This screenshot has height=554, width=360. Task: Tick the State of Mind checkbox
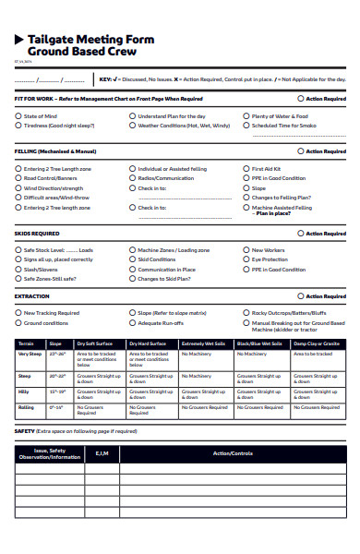[x=18, y=116]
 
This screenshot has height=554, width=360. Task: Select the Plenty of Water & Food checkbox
[x=246, y=116]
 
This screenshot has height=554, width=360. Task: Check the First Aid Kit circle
[x=246, y=169]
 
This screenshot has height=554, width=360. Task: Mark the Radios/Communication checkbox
[x=132, y=178]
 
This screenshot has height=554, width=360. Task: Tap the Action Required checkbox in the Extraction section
[x=301, y=296]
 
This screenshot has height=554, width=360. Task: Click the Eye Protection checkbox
[x=246, y=259]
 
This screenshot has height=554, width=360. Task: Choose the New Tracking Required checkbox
[x=18, y=313]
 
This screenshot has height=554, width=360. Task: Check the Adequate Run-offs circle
[x=132, y=323]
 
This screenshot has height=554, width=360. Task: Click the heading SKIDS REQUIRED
[x=37, y=234]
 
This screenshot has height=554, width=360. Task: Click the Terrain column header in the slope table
[x=26, y=343]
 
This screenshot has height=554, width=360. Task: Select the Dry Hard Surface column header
[x=148, y=343]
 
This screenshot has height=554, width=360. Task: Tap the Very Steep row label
[x=30, y=354]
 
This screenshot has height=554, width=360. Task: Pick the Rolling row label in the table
[x=26, y=406]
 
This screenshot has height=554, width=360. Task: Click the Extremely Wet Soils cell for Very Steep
[x=206, y=355]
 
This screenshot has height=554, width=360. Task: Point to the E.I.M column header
[x=102, y=453]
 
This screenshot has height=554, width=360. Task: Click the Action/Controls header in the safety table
[x=232, y=453]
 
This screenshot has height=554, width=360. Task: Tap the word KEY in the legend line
[x=105, y=79]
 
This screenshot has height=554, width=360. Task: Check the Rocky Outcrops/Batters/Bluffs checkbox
[x=246, y=313]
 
